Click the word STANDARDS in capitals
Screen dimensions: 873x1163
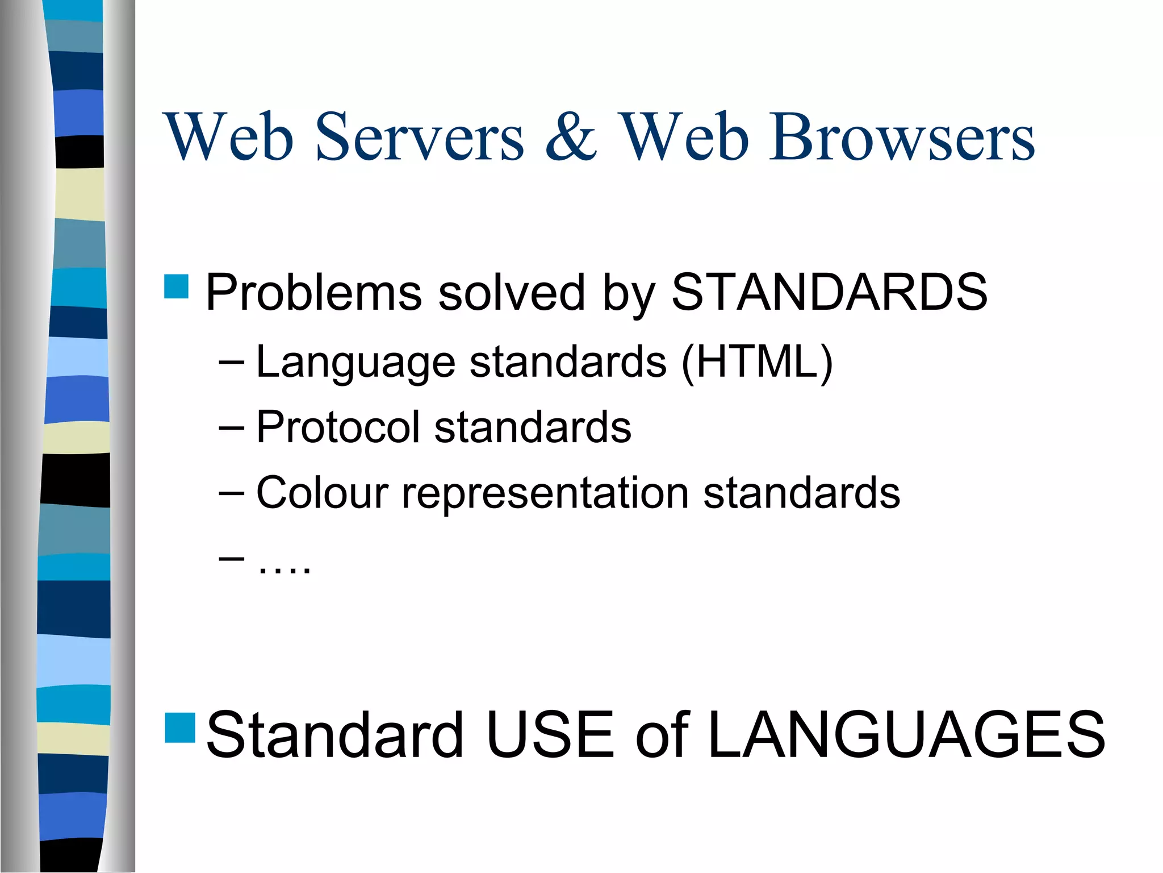(x=829, y=292)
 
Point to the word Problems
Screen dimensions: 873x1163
(x=313, y=293)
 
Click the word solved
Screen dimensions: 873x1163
(x=511, y=292)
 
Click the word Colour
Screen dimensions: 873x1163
(x=323, y=492)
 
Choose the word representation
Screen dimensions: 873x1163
(x=545, y=493)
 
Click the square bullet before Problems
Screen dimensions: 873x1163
(x=176, y=286)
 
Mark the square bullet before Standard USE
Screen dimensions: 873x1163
(x=180, y=727)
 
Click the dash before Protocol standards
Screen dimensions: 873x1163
(x=231, y=428)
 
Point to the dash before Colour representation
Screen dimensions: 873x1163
(x=231, y=493)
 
